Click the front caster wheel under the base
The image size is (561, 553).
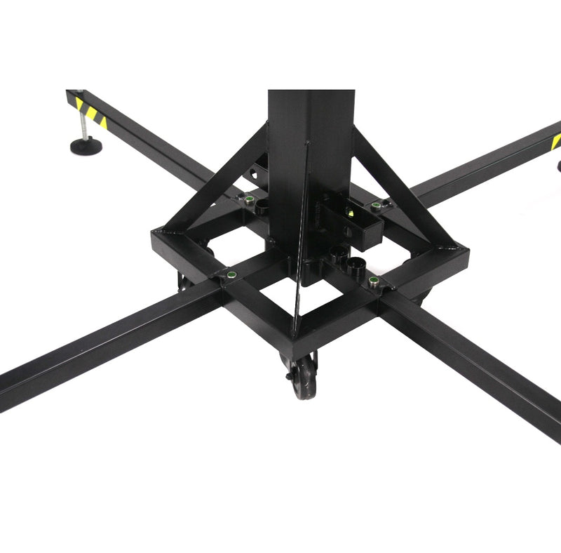pyautogui.click(x=303, y=379)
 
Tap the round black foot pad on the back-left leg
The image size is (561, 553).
pyautogui.click(x=85, y=145)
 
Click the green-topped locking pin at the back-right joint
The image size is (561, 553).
pyautogui.click(x=376, y=205)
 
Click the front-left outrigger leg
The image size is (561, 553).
pyautogui.click(x=105, y=344)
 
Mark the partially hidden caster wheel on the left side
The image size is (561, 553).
pyautogui.click(x=184, y=282)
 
